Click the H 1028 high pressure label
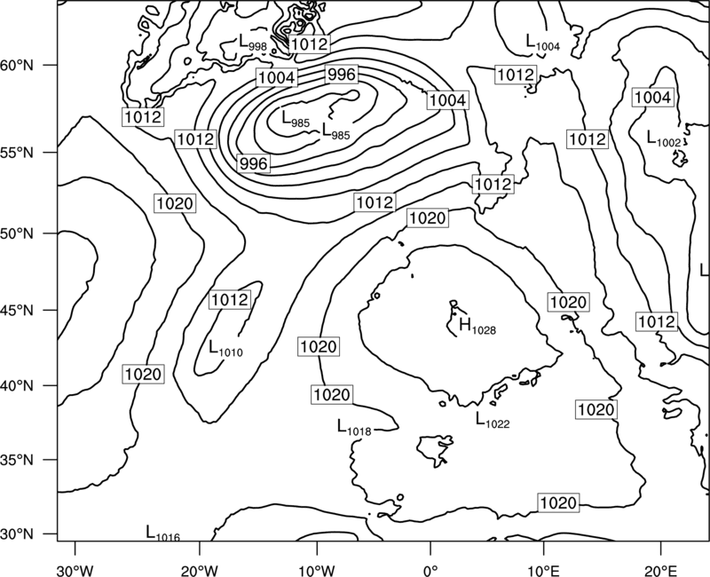tap(477, 326)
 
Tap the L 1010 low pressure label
tap(225, 349)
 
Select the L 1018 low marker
tap(354, 428)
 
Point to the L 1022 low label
tap(493, 420)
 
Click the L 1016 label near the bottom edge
tap(163, 534)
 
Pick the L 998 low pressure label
tap(253, 43)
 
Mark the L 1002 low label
tap(664, 138)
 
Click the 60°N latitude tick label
tap(17, 65)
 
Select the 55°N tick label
tap(17, 153)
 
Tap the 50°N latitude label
tap(17, 233)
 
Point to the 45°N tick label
tap(17, 310)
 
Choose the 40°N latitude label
tap(17, 386)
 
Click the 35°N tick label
tap(17, 460)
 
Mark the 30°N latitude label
tap(17, 534)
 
